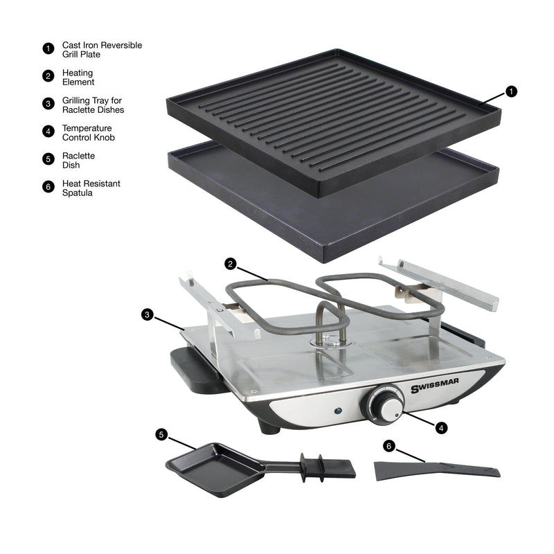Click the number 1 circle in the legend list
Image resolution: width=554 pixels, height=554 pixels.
(x=48, y=48)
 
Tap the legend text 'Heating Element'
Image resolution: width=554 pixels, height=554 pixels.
(x=78, y=77)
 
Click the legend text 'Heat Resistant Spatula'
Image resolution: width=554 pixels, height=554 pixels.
(x=91, y=188)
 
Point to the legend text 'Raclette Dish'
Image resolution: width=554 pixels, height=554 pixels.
(x=78, y=160)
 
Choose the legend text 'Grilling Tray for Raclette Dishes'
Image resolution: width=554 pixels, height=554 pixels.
(x=93, y=105)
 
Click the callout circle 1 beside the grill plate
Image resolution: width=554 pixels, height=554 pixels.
(x=511, y=91)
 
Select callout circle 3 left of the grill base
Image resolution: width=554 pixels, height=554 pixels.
(x=147, y=314)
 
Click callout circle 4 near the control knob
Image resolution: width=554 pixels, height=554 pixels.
(x=441, y=427)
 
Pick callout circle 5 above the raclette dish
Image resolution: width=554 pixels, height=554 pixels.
(x=161, y=434)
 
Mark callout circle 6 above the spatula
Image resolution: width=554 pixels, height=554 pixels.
(x=389, y=446)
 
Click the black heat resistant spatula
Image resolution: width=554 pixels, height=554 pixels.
(x=436, y=470)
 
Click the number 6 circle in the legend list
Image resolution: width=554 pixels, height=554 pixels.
(x=48, y=187)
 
